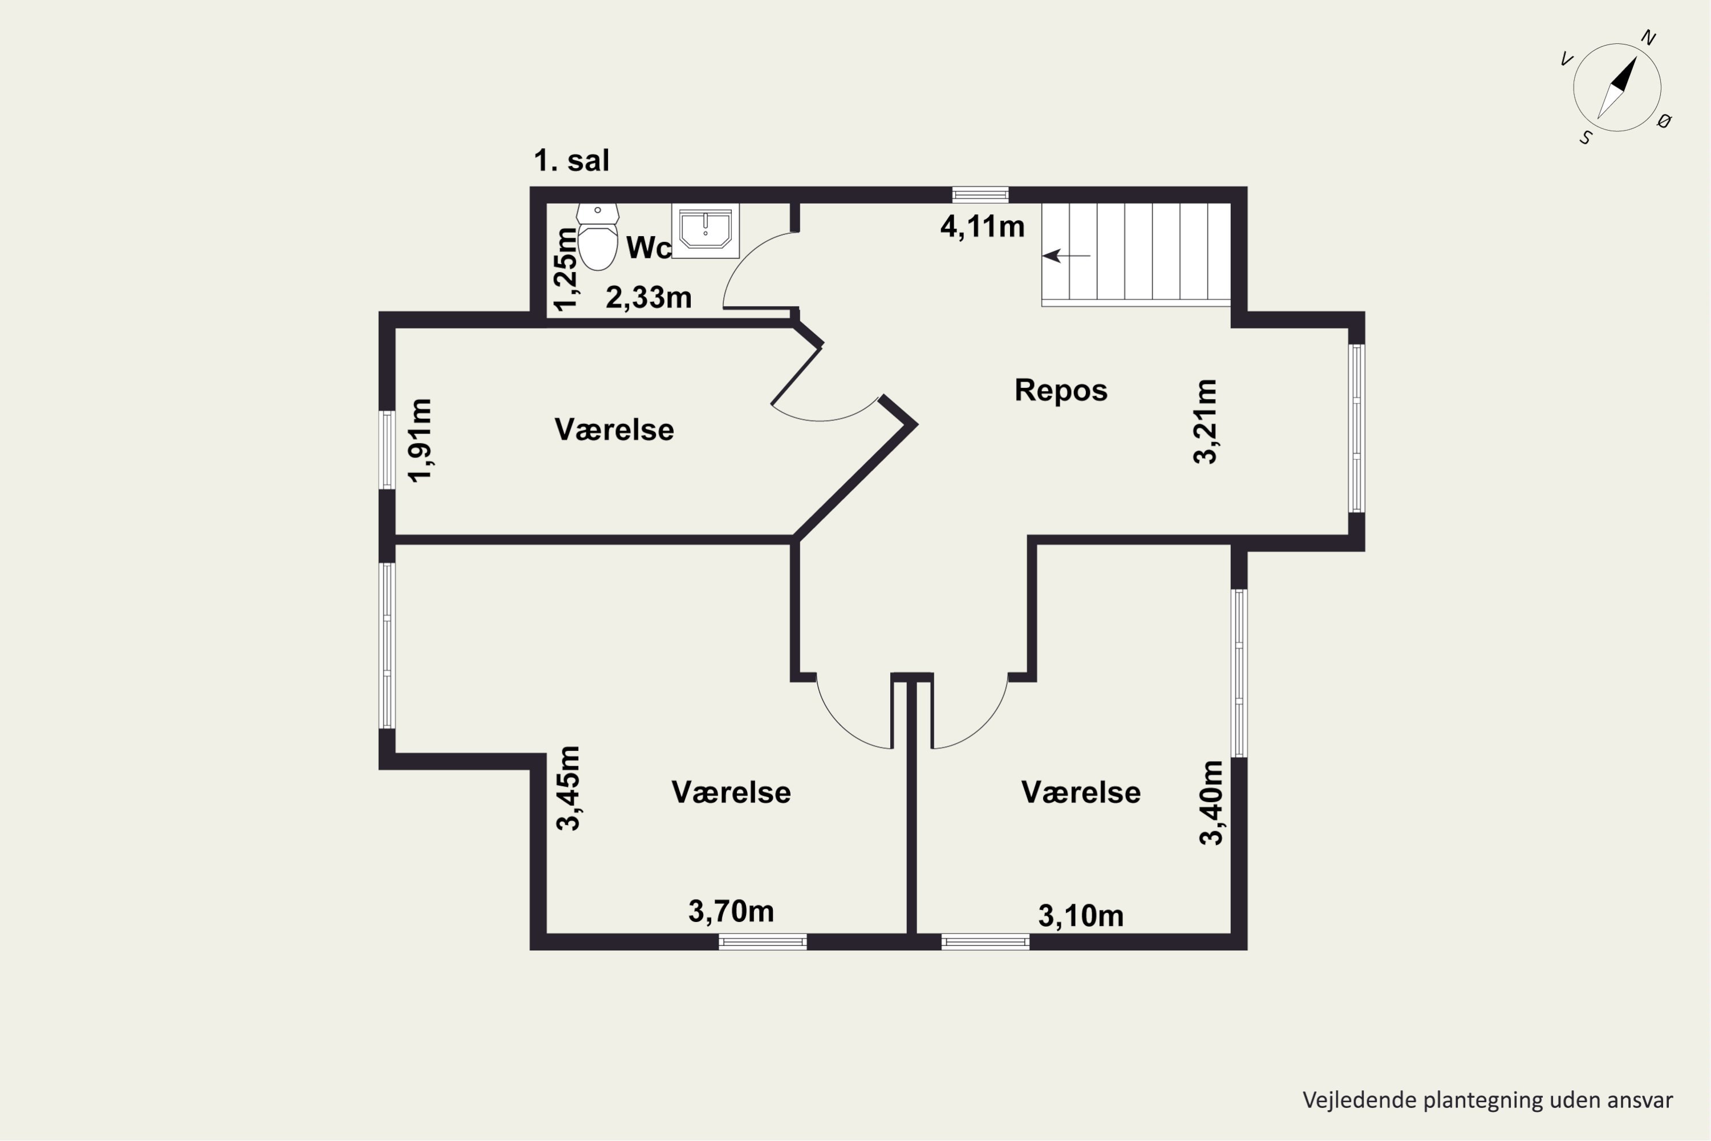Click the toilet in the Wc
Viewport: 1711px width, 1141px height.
pos(597,237)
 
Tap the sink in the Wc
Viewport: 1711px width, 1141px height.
pos(705,230)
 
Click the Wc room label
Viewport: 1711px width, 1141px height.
pos(648,248)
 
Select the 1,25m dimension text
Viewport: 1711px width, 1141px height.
pos(565,269)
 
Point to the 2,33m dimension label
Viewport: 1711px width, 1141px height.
pos(648,298)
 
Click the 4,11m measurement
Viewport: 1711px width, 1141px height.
pos(982,226)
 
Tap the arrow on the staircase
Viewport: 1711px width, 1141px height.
pos(1067,256)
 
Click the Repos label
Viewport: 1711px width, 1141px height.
pos(1061,391)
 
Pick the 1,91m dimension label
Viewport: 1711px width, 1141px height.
pos(420,440)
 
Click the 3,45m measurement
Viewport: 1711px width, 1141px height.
pos(568,788)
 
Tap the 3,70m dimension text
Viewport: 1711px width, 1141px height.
pos(731,911)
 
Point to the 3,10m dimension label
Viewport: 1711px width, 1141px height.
pos(1080,916)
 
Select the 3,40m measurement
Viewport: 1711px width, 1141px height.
pos(1211,803)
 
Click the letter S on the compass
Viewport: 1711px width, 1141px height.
pos(1586,137)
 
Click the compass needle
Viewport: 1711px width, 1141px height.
pos(1616,87)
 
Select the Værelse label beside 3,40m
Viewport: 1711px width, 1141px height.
pos(1080,792)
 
